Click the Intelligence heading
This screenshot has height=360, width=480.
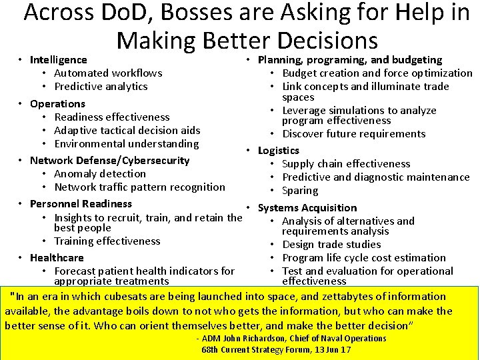click(59, 60)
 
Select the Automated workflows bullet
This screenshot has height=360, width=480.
click(108, 73)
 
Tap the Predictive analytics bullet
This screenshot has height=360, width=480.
click(101, 87)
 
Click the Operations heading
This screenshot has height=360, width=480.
click(57, 104)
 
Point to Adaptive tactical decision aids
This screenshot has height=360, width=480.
click(127, 131)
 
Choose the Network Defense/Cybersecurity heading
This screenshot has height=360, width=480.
click(109, 161)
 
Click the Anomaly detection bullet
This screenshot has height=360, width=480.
click(100, 174)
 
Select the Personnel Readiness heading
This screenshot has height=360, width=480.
click(81, 204)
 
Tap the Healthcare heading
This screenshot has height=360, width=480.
click(57, 258)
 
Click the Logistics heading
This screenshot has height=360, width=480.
click(279, 151)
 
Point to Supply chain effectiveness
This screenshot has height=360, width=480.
click(346, 164)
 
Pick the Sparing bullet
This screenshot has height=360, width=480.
click(299, 191)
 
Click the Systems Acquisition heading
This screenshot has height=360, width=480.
click(307, 208)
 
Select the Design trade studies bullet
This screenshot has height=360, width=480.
click(331, 245)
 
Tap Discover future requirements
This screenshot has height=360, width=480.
click(353, 134)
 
